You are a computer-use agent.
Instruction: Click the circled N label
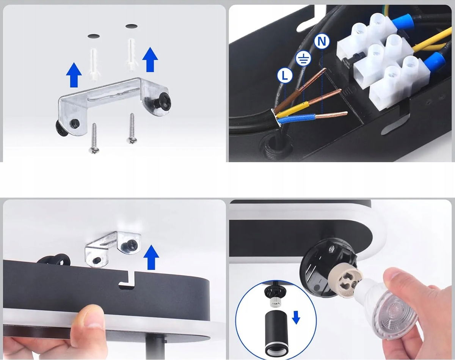coord(322,41)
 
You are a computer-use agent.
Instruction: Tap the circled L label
coord(285,75)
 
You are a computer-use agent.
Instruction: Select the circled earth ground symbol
coord(303,58)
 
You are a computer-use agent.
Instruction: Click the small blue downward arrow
coord(296,317)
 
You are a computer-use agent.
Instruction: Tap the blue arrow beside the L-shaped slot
coord(151,257)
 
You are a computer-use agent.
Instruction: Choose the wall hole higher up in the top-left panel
coord(131,26)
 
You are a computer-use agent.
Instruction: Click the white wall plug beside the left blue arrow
coord(93,64)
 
